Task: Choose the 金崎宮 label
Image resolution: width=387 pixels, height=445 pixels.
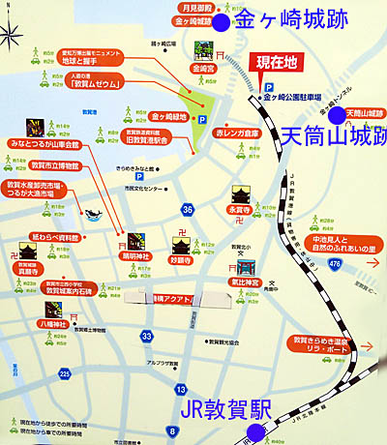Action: [203, 70]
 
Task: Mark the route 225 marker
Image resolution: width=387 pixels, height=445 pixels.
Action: [64, 373]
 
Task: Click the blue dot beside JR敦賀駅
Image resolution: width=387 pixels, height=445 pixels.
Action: [255, 407]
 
